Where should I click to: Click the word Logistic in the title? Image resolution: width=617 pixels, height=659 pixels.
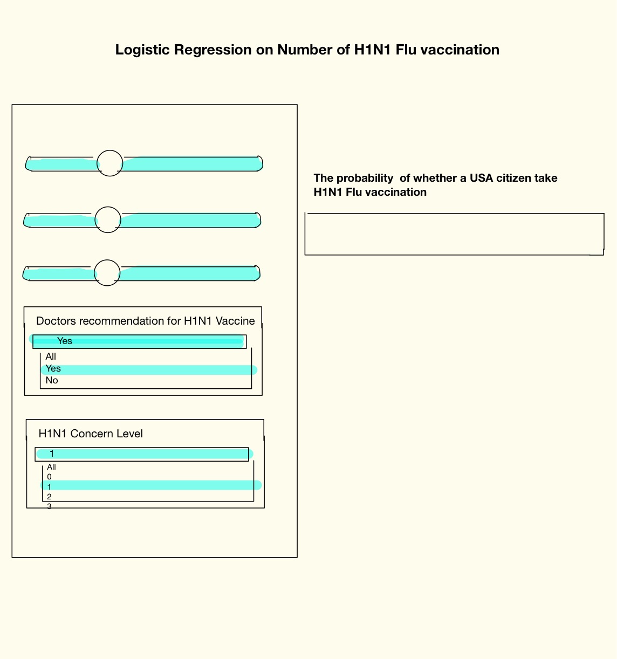[142, 50]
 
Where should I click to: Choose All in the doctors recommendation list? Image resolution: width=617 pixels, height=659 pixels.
[51, 356]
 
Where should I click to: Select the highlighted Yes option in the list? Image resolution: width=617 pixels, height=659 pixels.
[53, 368]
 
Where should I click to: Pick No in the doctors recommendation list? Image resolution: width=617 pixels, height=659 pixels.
[52, 380]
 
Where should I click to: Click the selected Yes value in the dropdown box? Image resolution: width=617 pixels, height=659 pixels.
[64, 341]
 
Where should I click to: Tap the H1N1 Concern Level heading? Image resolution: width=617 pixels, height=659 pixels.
[91, 434]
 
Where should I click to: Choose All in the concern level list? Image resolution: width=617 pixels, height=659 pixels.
[51, 467]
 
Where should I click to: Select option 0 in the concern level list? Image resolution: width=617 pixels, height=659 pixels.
[49, 477]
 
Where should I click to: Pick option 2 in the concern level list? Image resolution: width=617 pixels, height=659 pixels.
[49, 497]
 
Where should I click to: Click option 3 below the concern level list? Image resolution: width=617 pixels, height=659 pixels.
[49, 506]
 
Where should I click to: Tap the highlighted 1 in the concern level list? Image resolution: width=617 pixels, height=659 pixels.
[49, 487]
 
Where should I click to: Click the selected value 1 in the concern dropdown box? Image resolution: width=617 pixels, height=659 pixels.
[52, 454]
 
